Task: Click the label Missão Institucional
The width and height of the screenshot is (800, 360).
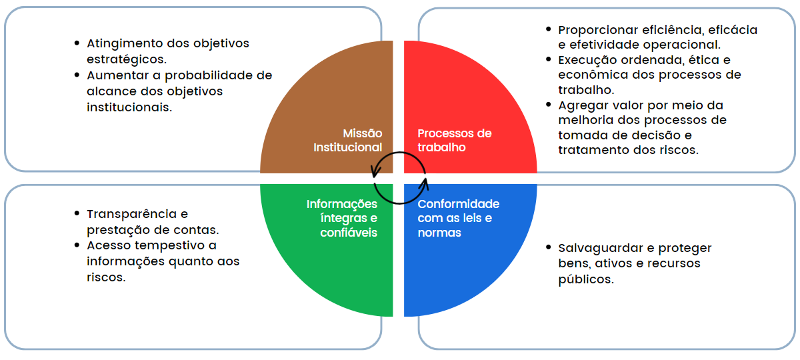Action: coord(348,140)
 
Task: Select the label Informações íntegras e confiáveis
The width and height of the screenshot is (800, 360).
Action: coord(342,218)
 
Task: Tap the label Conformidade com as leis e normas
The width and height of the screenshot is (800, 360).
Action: coord(459,218)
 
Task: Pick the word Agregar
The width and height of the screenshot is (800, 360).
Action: coord(582,105)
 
